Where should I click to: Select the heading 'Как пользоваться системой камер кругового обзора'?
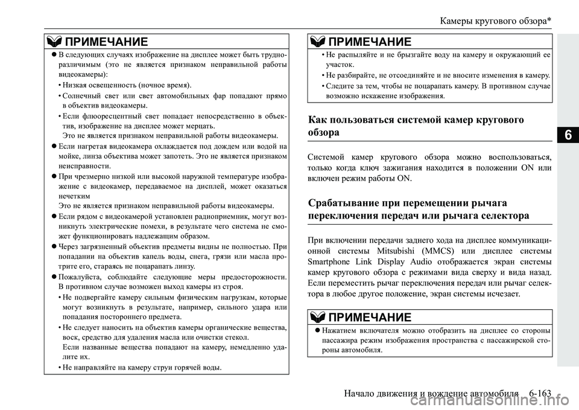tap(416, 126)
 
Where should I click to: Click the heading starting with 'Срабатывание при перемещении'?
tap(419, 208)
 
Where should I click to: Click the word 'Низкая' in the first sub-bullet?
tap(76, 85)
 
